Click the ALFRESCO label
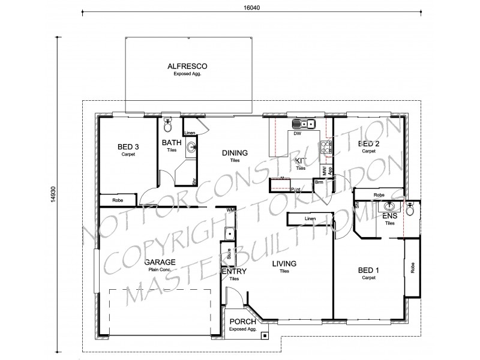(x=188, y=66)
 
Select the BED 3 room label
(x=128, y=147)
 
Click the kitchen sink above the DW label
(x=304, y=125)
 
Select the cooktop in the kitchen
(x=326, y=146)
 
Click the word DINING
(x=235, y=153)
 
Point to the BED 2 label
(x=368, y=144)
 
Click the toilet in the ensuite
(x=410, y=210)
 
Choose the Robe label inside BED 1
(x=412, y=268)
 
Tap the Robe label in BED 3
(x=119, y=200)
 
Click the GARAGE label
(x=160, y=262)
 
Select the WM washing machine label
(x=231, y=210)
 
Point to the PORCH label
(x=242, y=322)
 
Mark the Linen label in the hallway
(x=310, y=218)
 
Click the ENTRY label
(x=233, y=272)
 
